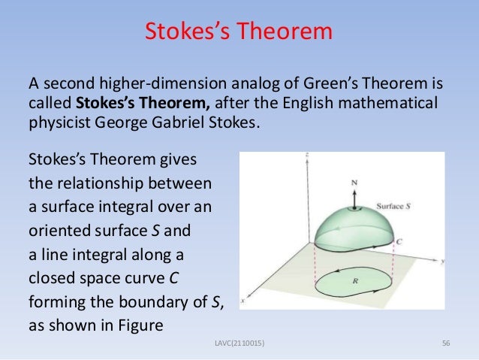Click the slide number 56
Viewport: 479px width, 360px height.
point(446,343)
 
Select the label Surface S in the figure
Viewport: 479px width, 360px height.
point(390,204)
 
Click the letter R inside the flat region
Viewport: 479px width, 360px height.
point(354,280)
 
